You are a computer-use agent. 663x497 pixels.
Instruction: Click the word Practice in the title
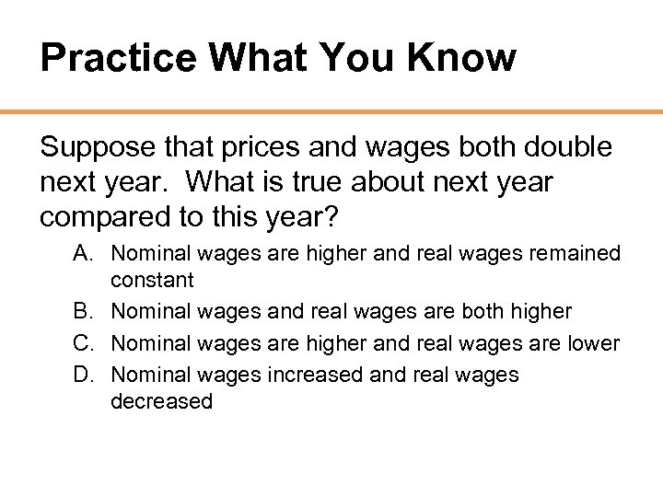[118, 59]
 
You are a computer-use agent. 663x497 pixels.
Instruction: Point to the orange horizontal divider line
[331, 112]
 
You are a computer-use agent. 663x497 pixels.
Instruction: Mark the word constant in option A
[152, 280]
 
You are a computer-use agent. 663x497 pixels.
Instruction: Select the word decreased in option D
[161, 401]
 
